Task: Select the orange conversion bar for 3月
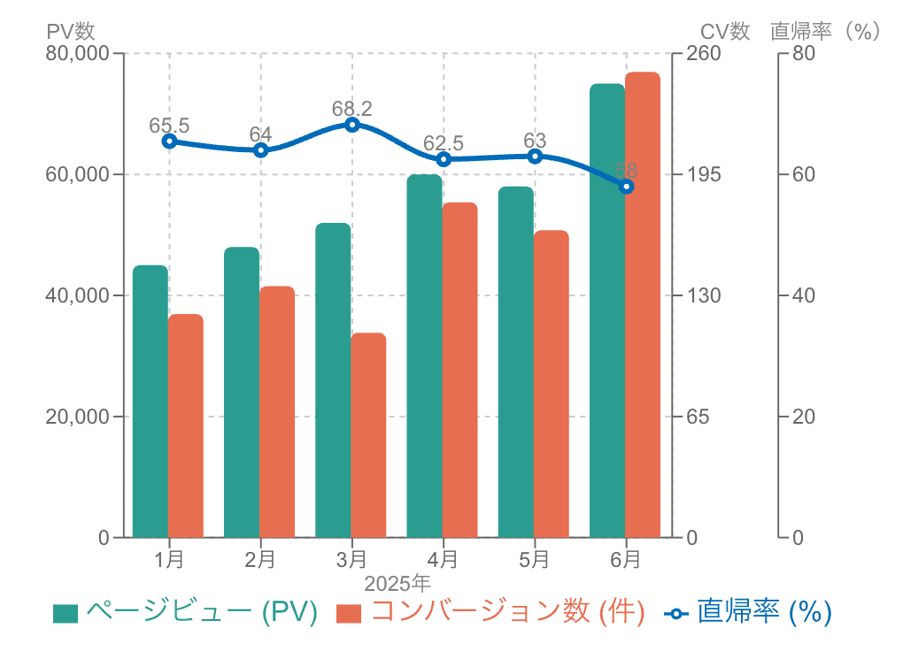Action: [x=368, y=435]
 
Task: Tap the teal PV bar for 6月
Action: [x=607, y=310]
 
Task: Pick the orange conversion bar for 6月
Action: [x=643, y=304]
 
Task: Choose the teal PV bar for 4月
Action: [x=424, y=356]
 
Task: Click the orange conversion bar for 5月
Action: [x=552, y=384]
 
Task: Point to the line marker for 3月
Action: [x=352, y=125]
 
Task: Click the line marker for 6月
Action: [x=627, y=187]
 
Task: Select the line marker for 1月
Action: [x=169, y=141]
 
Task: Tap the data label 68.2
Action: [x=352, y=109]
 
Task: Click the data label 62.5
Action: [x=444, y=143]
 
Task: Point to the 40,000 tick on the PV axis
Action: [x=76, y=295]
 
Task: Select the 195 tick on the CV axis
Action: [x=706, y=174]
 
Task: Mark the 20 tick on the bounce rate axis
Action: [x=803, y=416]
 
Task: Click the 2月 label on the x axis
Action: [x=260, y=559]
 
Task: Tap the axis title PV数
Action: [x=71, y=31]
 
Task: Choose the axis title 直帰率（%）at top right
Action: [x=826, y=31]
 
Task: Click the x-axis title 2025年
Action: [x=397, y=584]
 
